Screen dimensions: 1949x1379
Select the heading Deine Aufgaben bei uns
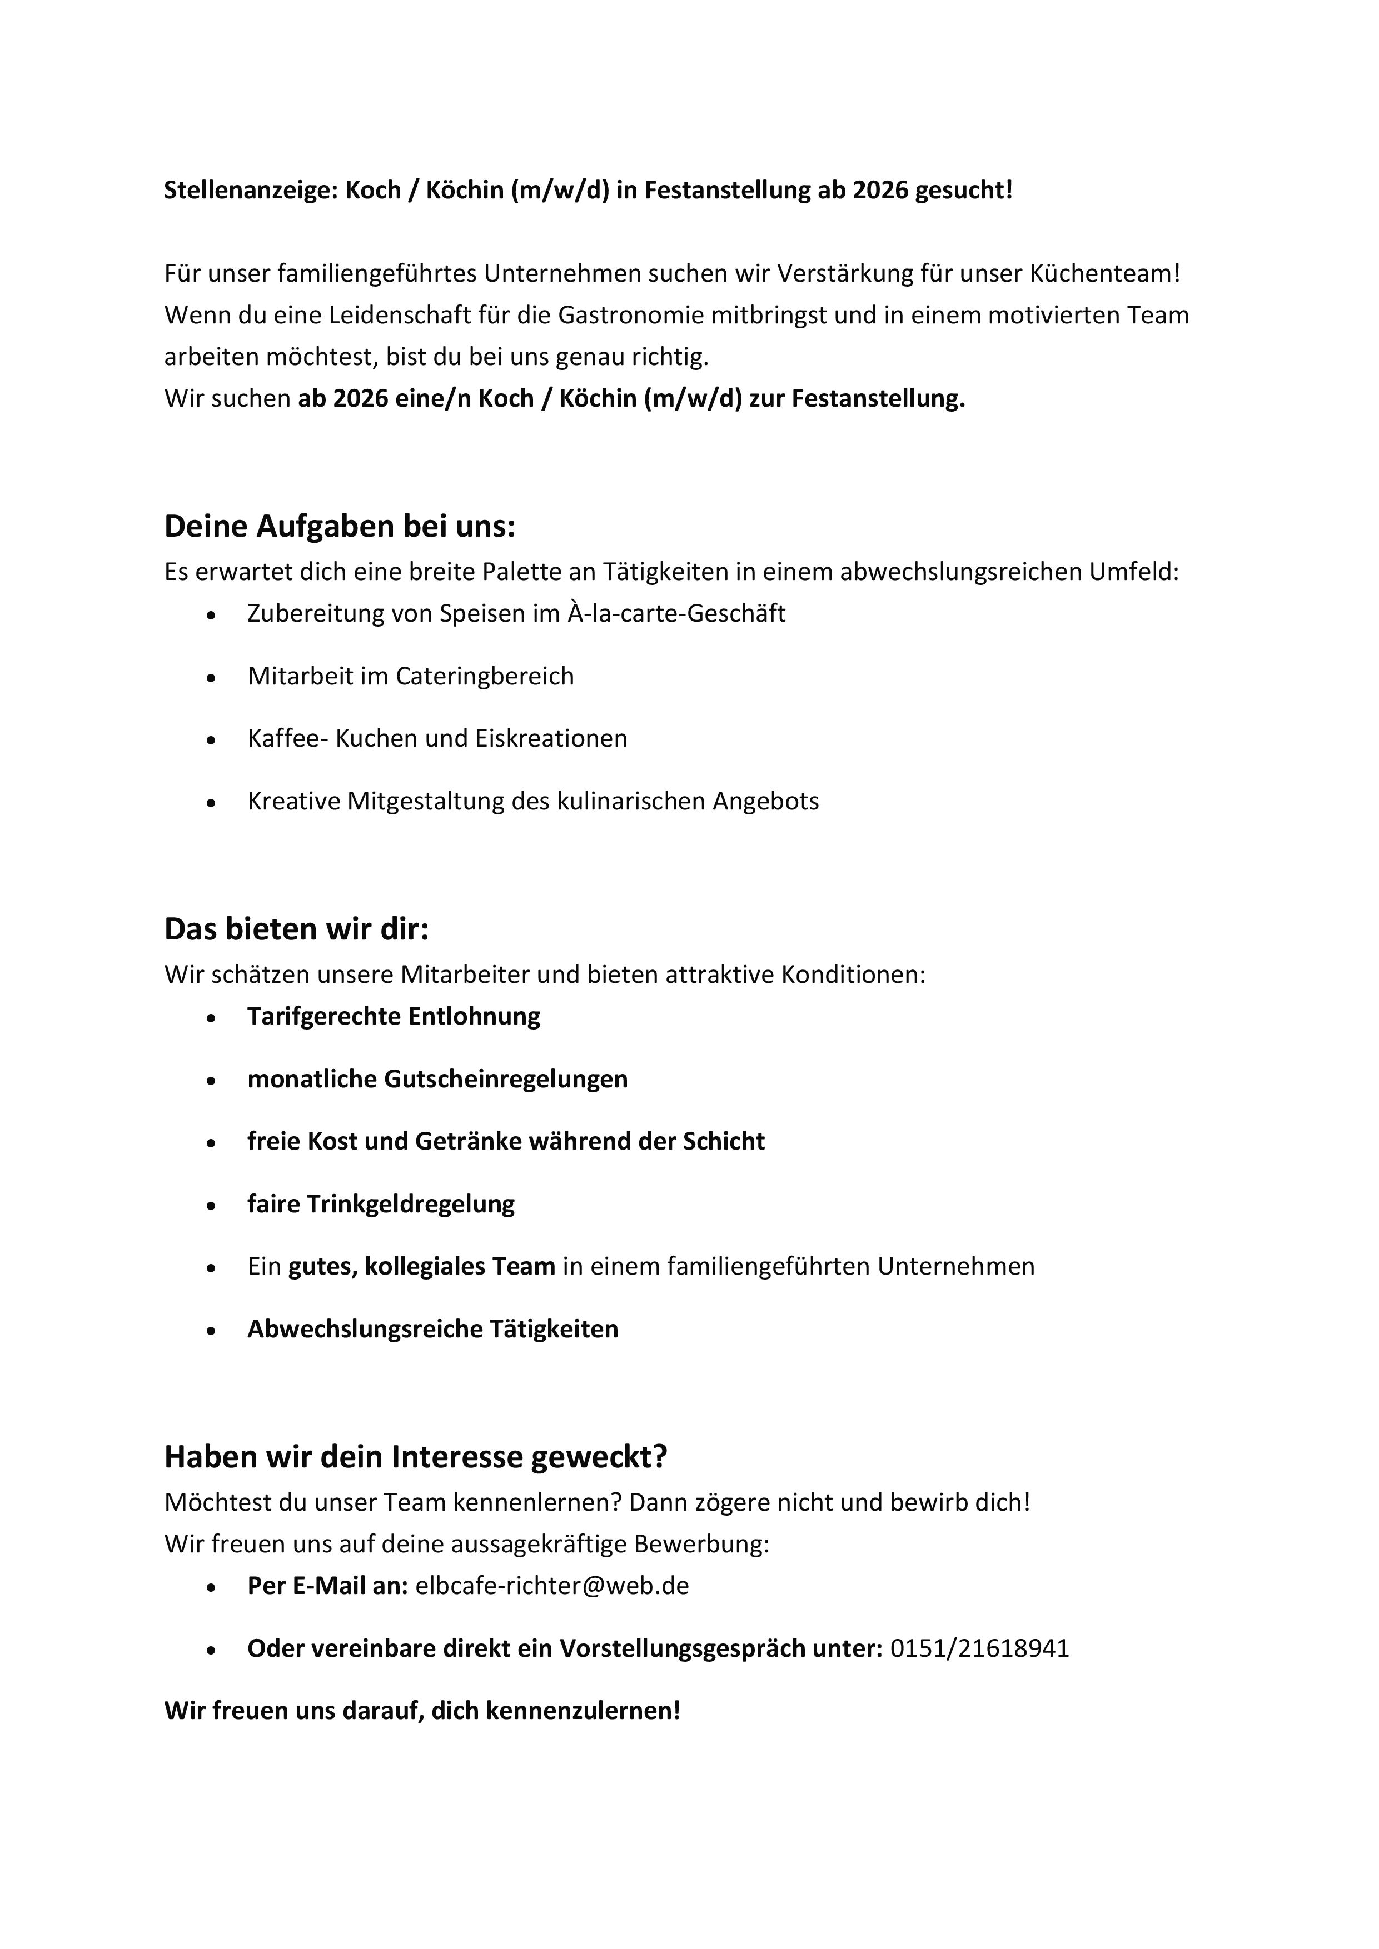[340, 527]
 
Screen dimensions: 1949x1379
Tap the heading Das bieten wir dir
[296, 931]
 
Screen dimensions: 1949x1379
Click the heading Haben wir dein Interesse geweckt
[415, 1457]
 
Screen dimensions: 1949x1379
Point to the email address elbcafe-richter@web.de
[552, 1586]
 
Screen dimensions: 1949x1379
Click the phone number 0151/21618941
[979, 1648]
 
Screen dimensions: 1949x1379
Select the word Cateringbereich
[485, 677]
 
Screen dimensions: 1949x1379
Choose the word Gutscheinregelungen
[505, 1080]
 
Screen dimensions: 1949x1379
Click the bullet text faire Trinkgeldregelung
[380, 1205]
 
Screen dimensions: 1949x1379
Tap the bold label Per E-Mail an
[328, 1586]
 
